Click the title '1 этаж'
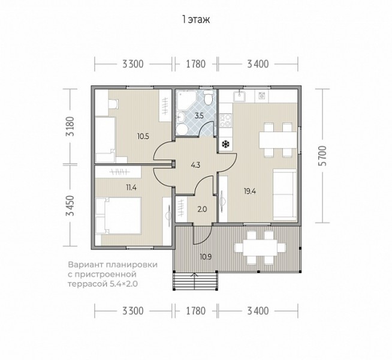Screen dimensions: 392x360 click(196, 20)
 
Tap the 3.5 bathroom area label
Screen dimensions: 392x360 click(199, 116)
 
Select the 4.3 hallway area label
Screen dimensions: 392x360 click(195, 165)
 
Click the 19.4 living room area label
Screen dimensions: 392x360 click(250, 191)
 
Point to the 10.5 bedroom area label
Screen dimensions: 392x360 click(143, 137)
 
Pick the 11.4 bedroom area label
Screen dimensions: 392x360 click(131, 187)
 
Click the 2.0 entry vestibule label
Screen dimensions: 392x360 click(202, 209)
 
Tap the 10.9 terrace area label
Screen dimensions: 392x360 click(206, 257)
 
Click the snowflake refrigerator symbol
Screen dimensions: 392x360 click(226, 144)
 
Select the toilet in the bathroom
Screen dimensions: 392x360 click(208, 98)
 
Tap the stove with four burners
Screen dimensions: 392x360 click(225, 120)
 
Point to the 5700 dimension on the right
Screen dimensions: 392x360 click(324, 155)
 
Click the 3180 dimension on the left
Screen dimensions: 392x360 click(70, 127)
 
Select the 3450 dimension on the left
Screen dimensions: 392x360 click(70, 206)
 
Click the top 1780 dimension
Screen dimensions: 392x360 click(196, 64)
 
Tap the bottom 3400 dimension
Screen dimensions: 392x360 click(258, 311)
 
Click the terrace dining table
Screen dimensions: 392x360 click(260, 247)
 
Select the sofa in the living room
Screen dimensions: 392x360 click(285, 194)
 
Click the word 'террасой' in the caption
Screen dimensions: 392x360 click(86, 284)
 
